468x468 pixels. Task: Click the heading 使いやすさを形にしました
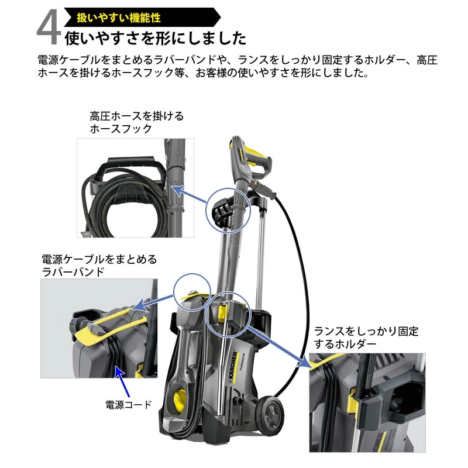155,39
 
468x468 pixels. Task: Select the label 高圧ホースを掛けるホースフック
136,122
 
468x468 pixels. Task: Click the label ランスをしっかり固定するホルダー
366,338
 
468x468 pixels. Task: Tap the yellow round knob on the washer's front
180,402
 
